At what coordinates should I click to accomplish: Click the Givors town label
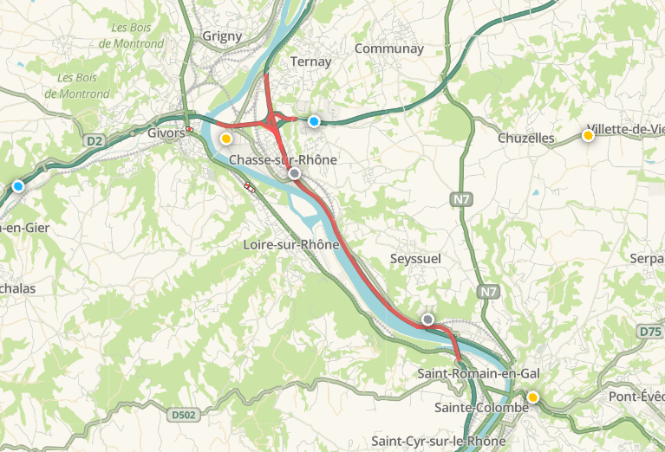(166, 133)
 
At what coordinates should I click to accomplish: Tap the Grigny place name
(222, 36)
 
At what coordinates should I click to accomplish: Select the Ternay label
(305, 61)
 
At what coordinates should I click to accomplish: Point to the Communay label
(388, 48)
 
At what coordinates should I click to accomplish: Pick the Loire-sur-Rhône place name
(290, 245)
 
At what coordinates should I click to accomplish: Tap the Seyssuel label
(416, 260)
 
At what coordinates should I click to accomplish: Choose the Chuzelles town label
(526, 138)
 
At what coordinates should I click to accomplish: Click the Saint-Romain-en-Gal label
(478, 373)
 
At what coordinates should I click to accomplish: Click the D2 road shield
(94, 140)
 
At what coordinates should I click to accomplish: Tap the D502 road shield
(184, 416)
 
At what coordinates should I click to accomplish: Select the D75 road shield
(649, 332)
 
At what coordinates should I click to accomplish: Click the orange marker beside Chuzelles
(589, 135)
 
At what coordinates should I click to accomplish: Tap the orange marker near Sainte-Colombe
(533, 397)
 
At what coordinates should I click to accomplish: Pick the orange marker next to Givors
(226, 139)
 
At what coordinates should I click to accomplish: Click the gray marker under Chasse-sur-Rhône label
(295, 174)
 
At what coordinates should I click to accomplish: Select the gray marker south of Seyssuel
(427, 320)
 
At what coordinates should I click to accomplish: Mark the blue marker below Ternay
(314, 121)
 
